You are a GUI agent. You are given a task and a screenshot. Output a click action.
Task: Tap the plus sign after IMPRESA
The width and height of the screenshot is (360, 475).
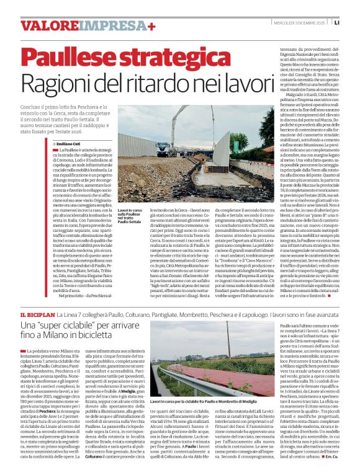tap(151, 25)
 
